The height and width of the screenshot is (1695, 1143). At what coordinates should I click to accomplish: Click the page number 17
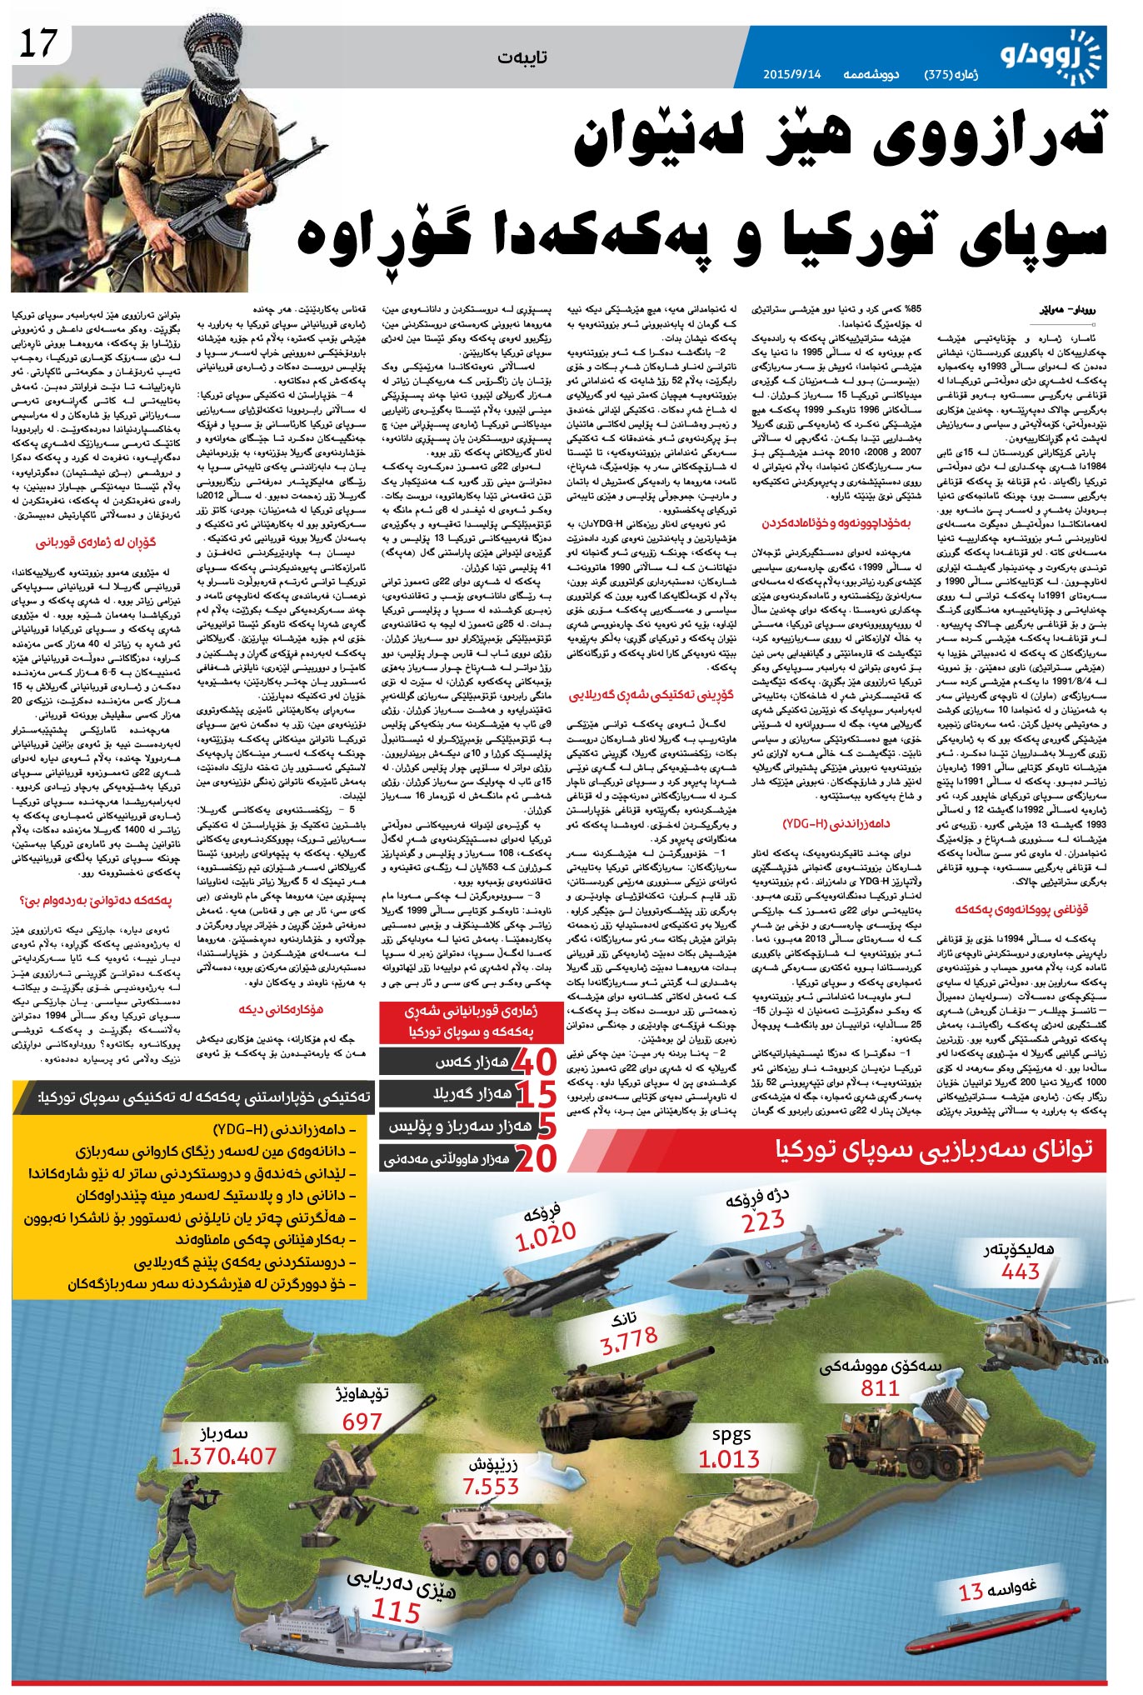tap(38, 44)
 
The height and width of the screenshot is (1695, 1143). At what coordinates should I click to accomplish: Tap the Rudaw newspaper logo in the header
tap(1058, 56)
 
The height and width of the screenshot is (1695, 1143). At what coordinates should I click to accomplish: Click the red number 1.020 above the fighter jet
tap(546, 1235)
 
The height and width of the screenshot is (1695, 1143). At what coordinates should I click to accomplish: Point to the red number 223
tap(763, 1221)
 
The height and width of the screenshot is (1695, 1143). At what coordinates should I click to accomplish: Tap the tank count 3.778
tap(629, 1341)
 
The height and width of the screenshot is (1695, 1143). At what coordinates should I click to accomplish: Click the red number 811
tap(880, 1387)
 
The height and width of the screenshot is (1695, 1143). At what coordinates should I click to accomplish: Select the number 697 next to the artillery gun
tap(362, 1422)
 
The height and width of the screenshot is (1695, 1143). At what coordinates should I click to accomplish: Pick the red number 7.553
tap(491, 1486)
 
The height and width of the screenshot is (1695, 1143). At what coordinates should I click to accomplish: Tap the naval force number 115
tap(396, 1611)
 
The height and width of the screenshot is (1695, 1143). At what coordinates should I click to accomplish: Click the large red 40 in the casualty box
tap(533, 1062)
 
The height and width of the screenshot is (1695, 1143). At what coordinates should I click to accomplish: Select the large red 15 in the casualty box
tap(536, 1094)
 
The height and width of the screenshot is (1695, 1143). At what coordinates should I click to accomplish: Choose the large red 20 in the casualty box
tap(535, 1157)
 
